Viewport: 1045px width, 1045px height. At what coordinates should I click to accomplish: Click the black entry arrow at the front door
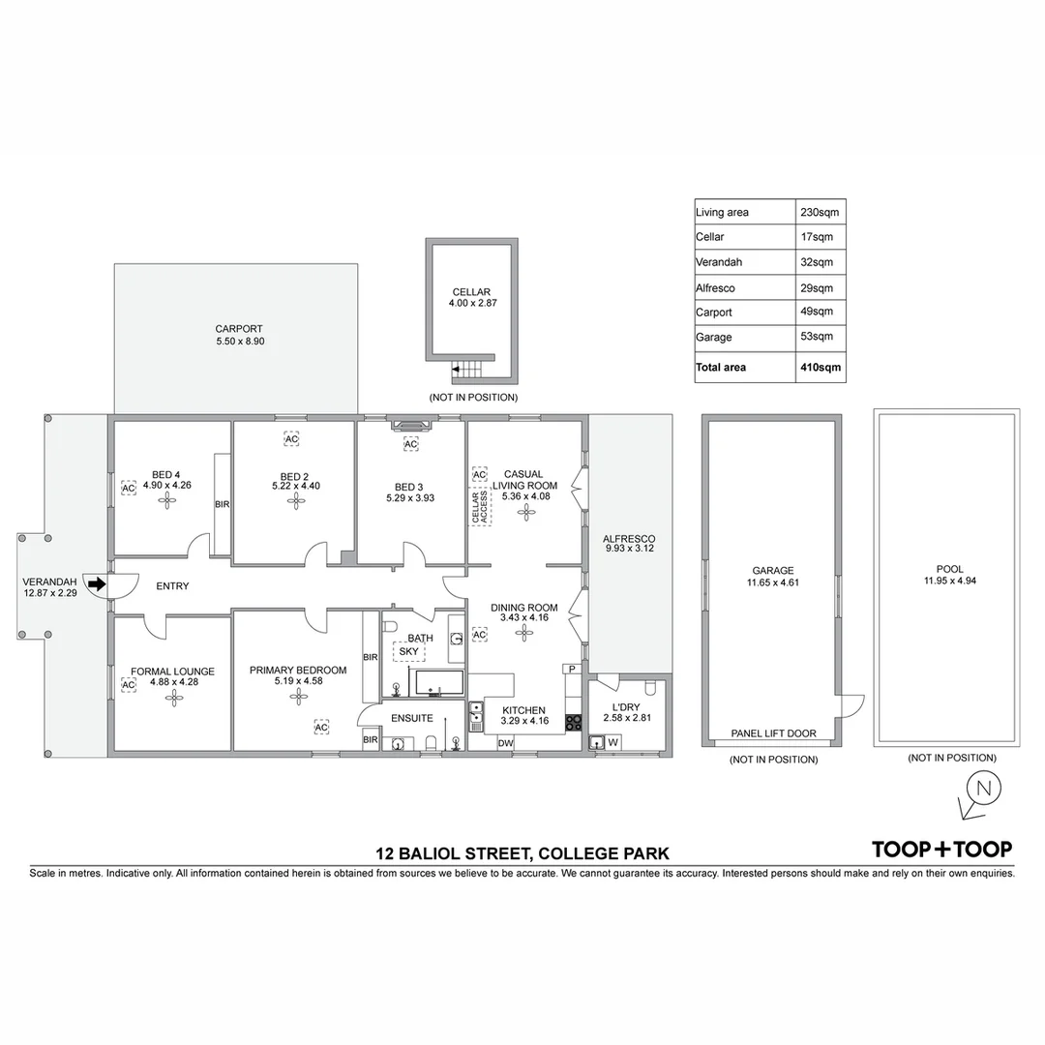pos(95,583)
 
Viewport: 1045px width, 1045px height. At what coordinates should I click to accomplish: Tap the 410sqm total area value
pos(820,368)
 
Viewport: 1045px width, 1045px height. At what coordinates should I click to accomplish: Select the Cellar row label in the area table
pos(709,237)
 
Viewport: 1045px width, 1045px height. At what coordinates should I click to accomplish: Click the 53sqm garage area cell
pos(816,337)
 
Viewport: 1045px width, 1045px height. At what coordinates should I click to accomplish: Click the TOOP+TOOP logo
pos(942,850)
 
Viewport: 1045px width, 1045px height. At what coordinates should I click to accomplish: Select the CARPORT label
pos(239,329)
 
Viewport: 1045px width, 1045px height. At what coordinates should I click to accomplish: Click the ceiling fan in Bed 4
pos(168,500)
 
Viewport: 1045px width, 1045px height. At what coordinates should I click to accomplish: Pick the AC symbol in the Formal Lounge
pos(127,685)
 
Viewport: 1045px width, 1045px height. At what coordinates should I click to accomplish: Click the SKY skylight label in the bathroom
pos(408,652)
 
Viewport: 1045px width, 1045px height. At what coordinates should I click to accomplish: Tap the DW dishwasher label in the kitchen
pos(504,743)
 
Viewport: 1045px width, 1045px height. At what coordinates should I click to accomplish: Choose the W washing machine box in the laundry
pos(612,743)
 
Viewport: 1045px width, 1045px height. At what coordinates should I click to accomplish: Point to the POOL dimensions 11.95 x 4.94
pos(943,582)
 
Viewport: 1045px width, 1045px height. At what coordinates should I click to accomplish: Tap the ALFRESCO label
pos(629,539)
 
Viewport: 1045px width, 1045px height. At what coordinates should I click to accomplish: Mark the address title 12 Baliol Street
pos(522,853)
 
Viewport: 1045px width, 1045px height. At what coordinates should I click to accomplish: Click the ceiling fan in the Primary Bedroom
pos(297,694)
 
